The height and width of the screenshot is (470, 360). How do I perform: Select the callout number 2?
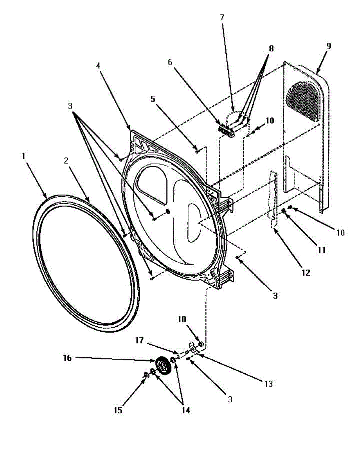[67, 160]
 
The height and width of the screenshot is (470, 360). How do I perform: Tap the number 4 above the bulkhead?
[99, 65]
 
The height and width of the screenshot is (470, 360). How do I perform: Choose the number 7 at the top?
[222, 18]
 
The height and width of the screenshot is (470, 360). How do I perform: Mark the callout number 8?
[271, 49]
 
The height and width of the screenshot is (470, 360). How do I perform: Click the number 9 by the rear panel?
[328, 46]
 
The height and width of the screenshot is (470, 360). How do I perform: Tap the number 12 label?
[306, 273]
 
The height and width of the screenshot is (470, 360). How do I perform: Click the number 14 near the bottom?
[185, 410]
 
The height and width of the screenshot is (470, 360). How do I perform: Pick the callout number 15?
[118, 410]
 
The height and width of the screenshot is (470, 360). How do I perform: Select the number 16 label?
[67, 358]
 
